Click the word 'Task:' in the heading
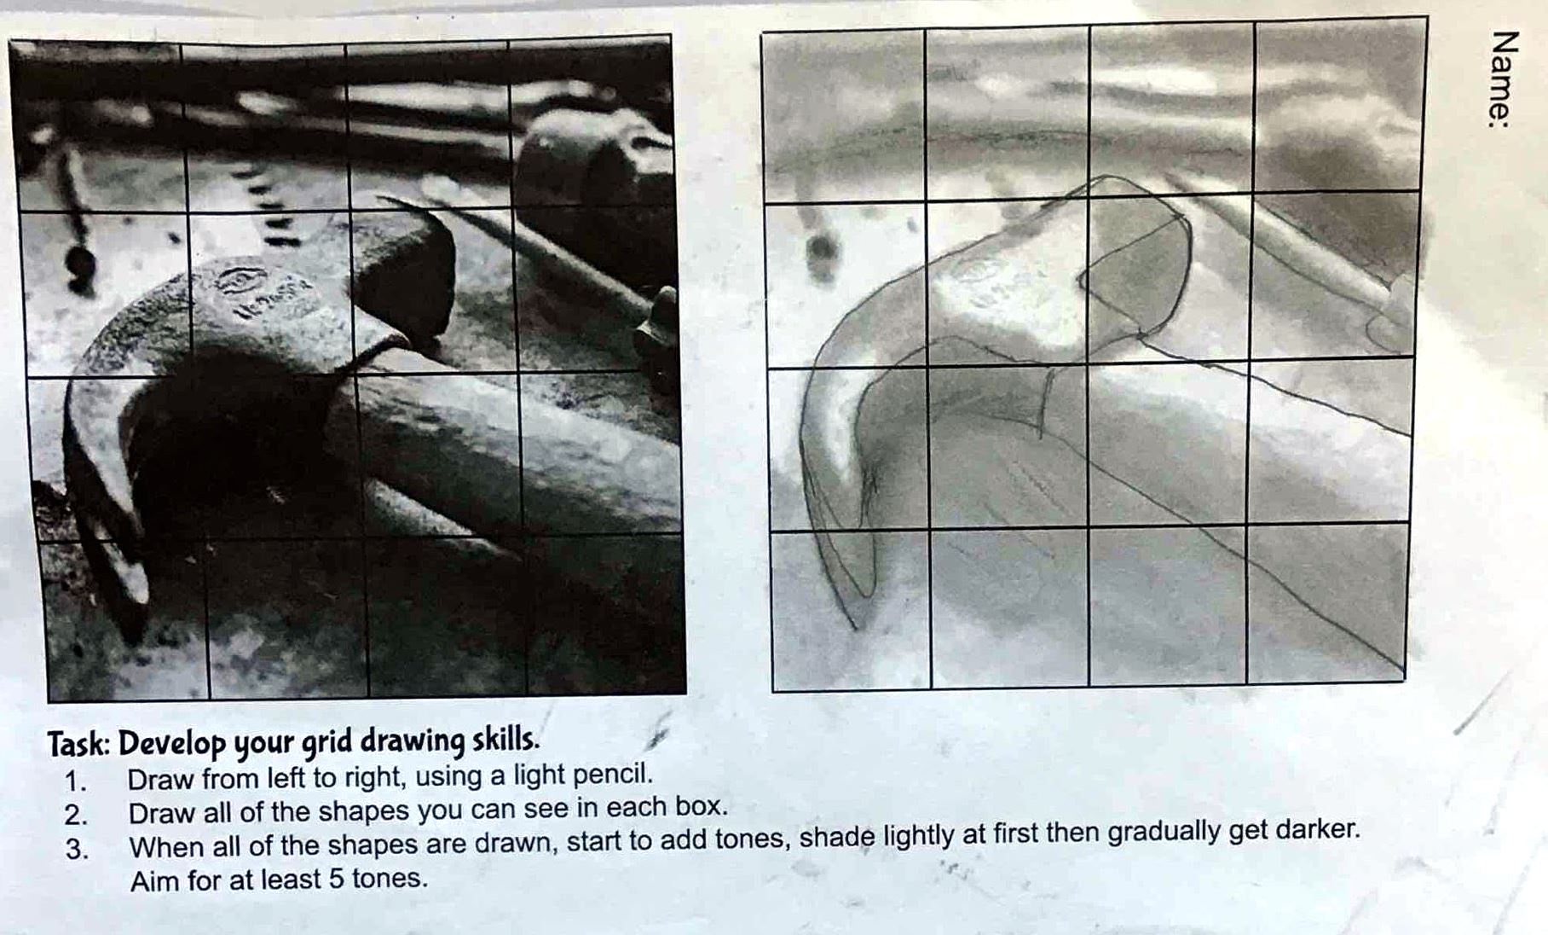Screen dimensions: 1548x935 tap(78, 744)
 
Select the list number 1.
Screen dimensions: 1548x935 tap(76, 781)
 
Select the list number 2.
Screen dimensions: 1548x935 tap(75, 815)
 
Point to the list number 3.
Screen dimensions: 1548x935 tap(76, 850)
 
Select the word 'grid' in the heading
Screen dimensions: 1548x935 tap(327, 742)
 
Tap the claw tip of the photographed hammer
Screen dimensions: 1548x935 tap(134, 636)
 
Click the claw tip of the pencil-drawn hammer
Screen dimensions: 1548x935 tap(858, 629)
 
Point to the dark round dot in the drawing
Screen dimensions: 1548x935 tap(821, 248)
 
